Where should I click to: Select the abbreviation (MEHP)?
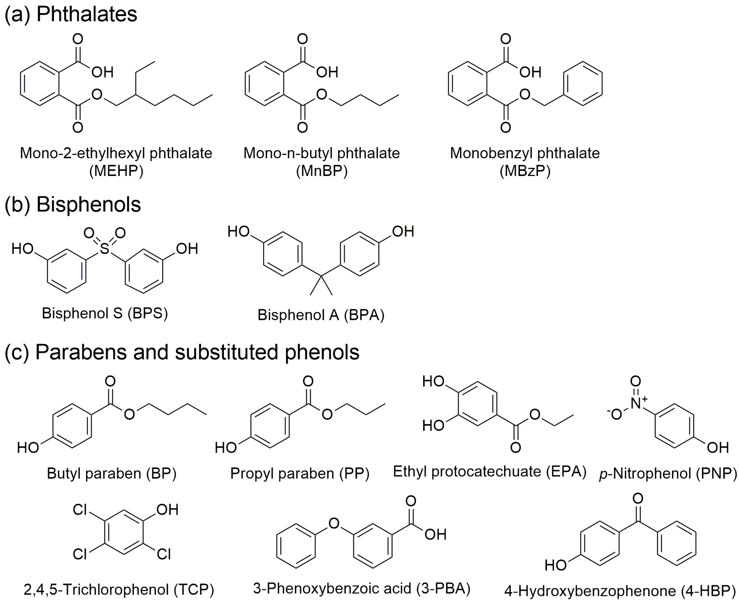(x=116, y=171)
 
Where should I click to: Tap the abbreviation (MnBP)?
(x=322, y=171)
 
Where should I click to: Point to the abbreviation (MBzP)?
(x=525, y=171)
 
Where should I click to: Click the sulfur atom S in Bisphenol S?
(x=104, y=249)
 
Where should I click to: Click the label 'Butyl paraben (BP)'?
(x=112, y=473)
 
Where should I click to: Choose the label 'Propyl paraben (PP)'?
(x=300, y=473)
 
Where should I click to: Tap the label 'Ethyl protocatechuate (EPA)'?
(x=489, y=471)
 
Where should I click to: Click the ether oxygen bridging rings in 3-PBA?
(x=334, y=523)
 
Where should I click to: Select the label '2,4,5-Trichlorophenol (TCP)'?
(x=119, y=589)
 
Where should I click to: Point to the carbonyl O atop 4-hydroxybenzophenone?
(x=638, y=498)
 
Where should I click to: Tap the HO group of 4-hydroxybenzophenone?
(x=555, y=565)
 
